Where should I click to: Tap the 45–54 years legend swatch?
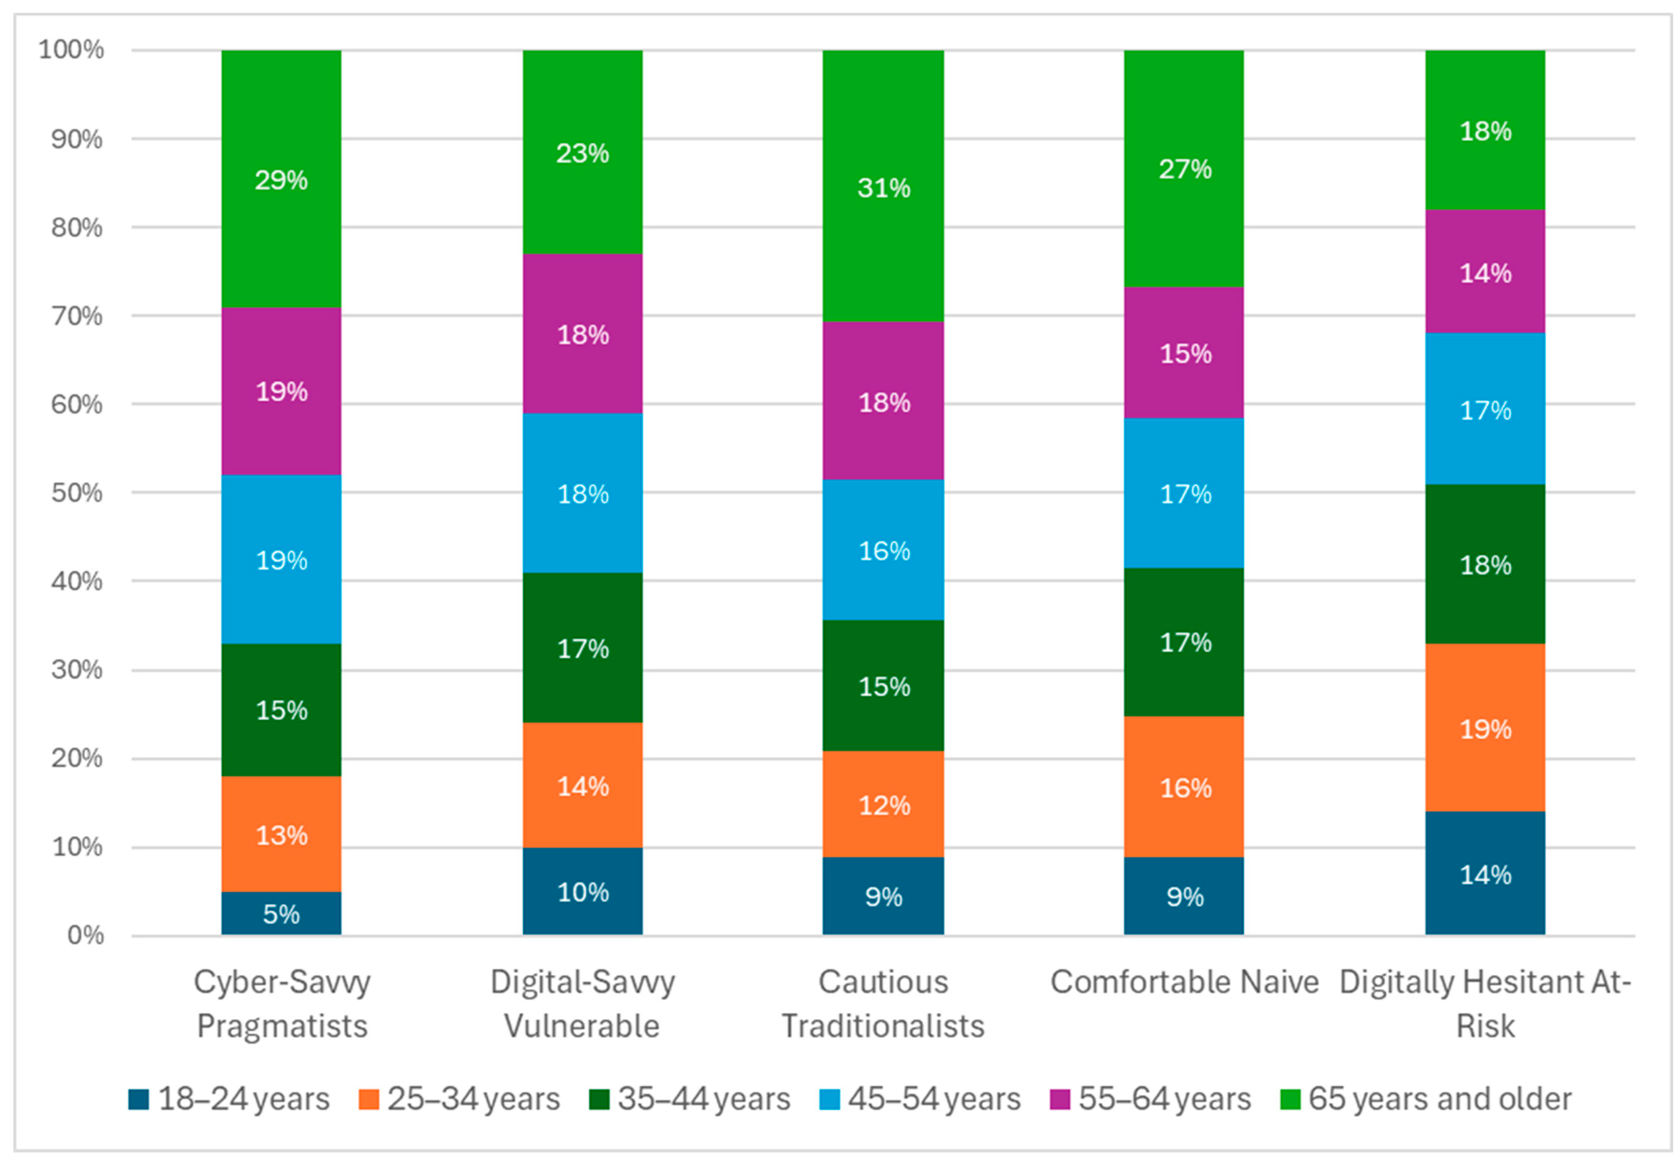[x=829, y=1099]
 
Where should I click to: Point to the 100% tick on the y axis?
[x=71, y=50]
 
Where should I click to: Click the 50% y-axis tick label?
[x=77, y=493]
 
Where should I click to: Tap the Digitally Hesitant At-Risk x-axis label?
[x=1485, y=1003]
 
